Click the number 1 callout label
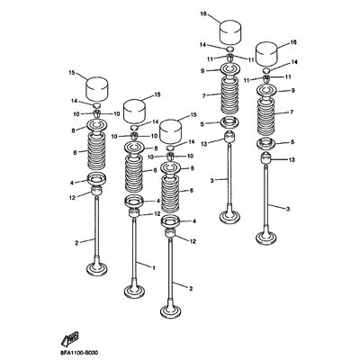click(x=154, y=267)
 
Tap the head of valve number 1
click(x=135, y=291)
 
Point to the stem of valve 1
click(x=134, y=250)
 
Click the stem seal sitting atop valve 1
click(x=134, y=213)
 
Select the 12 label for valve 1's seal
click(x=157, y=214)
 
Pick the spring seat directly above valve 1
click(x=134, y=201)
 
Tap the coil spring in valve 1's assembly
click(x=134, y=174)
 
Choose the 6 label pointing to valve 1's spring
click(x=155, y=170)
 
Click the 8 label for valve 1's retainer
click(x=156, y=148)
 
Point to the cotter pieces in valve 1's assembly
click(x=134, y=137)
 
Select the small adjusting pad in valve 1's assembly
click(x=134, y=127)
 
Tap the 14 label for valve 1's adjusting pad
click(x=155, y=121)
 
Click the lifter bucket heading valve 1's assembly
click(x=134, y=111)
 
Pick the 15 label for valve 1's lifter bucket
click(x=157, y=94)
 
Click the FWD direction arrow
click(x=69, y=337)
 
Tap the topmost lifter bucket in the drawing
click(x=231, y=32)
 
